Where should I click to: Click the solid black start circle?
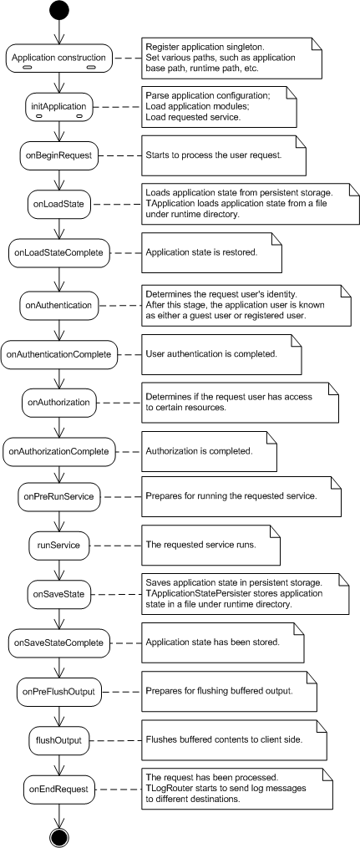tap(59, 11)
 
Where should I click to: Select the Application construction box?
tap(59, 58)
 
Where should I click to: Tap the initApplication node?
tap(59, 107)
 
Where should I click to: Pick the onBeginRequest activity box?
tap(59, 155)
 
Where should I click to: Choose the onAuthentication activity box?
tap(59, 306)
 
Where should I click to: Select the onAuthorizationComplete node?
tap(59, 450)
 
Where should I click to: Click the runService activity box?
tap(59, 545)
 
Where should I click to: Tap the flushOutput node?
tap(59, 740)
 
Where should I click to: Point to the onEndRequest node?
tap(59, 789)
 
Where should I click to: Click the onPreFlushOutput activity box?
tap(59, 691)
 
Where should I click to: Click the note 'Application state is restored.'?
tap(212, 252)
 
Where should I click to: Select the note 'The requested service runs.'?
tap(210, 546)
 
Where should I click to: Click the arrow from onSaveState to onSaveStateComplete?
tap(59, 618)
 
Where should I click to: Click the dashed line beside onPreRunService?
tap(122, 496)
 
